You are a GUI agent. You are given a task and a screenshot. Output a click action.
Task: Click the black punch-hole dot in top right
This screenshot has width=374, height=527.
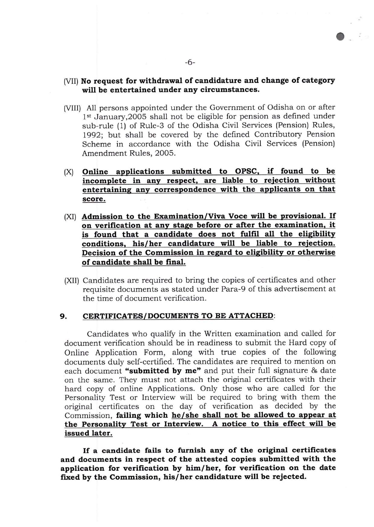coord(340,36)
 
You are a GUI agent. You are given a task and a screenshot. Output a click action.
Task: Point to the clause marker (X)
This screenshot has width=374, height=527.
coord(69,172)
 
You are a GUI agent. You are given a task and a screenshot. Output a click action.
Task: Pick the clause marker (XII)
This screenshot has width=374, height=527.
coord(72,281)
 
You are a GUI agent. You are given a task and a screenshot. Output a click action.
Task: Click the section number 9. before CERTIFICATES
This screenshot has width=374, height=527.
coord(63,316)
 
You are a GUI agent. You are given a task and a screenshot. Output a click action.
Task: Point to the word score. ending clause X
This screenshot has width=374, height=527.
coord(94,199)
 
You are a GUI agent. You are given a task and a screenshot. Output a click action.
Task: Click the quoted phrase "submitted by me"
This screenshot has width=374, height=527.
coord(163,371)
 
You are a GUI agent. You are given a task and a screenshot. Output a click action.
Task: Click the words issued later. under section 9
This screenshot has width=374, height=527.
coord(89,433)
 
